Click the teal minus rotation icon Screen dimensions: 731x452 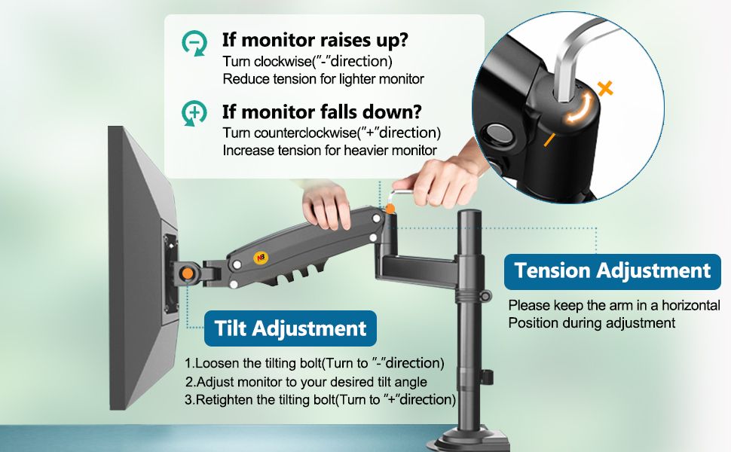(x=194, y=43)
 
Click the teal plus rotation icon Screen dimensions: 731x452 (x=194, y=113)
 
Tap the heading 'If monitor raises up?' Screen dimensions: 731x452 (x=315, y=40)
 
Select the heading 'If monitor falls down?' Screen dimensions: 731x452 (x=322, y=111)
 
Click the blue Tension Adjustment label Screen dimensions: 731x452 (x=612, y=271)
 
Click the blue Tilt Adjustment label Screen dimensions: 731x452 (x=290, y=328)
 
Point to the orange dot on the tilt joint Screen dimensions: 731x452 (x=188, y=273)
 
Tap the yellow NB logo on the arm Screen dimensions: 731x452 (x=260, y=257)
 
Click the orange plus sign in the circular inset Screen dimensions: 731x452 (x=605, y=88)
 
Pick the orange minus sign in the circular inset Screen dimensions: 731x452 (x=549, y=139)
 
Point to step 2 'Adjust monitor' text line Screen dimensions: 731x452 (x=306, y=382)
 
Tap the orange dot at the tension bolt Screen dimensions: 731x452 (x=390, y=209)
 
